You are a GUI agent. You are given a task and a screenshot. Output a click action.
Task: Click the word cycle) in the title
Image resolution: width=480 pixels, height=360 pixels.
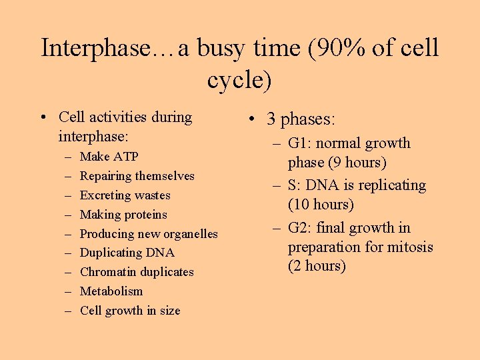point(239,80)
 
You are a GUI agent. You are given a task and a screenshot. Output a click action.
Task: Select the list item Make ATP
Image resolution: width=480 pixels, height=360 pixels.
point(109,157)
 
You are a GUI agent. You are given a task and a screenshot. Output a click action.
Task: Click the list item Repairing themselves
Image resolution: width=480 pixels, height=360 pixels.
point(137,176)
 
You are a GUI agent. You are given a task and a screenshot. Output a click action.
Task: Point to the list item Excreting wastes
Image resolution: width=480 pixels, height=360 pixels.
point(125,195)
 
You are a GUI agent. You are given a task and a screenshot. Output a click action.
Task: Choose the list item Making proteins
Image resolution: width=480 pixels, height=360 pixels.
point(123,215)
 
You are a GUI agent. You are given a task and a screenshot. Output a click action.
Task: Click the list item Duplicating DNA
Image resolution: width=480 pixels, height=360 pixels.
point(127,253)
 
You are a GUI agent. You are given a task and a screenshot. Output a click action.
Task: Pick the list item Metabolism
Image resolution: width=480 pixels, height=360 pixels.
point(111,291)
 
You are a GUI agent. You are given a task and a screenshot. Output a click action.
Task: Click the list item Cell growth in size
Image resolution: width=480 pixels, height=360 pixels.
point(130,311)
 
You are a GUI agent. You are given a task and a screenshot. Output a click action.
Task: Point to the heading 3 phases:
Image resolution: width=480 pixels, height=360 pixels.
point(301,119)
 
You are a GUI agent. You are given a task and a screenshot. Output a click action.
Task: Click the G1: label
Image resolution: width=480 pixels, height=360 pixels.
point(301,143)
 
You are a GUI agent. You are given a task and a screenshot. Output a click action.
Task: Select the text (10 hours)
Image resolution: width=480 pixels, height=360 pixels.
point(321,204)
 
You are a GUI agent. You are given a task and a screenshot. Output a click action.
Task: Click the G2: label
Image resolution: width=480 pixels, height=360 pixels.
point(301,228)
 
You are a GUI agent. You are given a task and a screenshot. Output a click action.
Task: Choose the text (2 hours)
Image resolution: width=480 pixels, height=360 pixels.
point(317,266)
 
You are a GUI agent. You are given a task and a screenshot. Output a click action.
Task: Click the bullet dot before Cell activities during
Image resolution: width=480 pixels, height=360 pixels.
point(43,118)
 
